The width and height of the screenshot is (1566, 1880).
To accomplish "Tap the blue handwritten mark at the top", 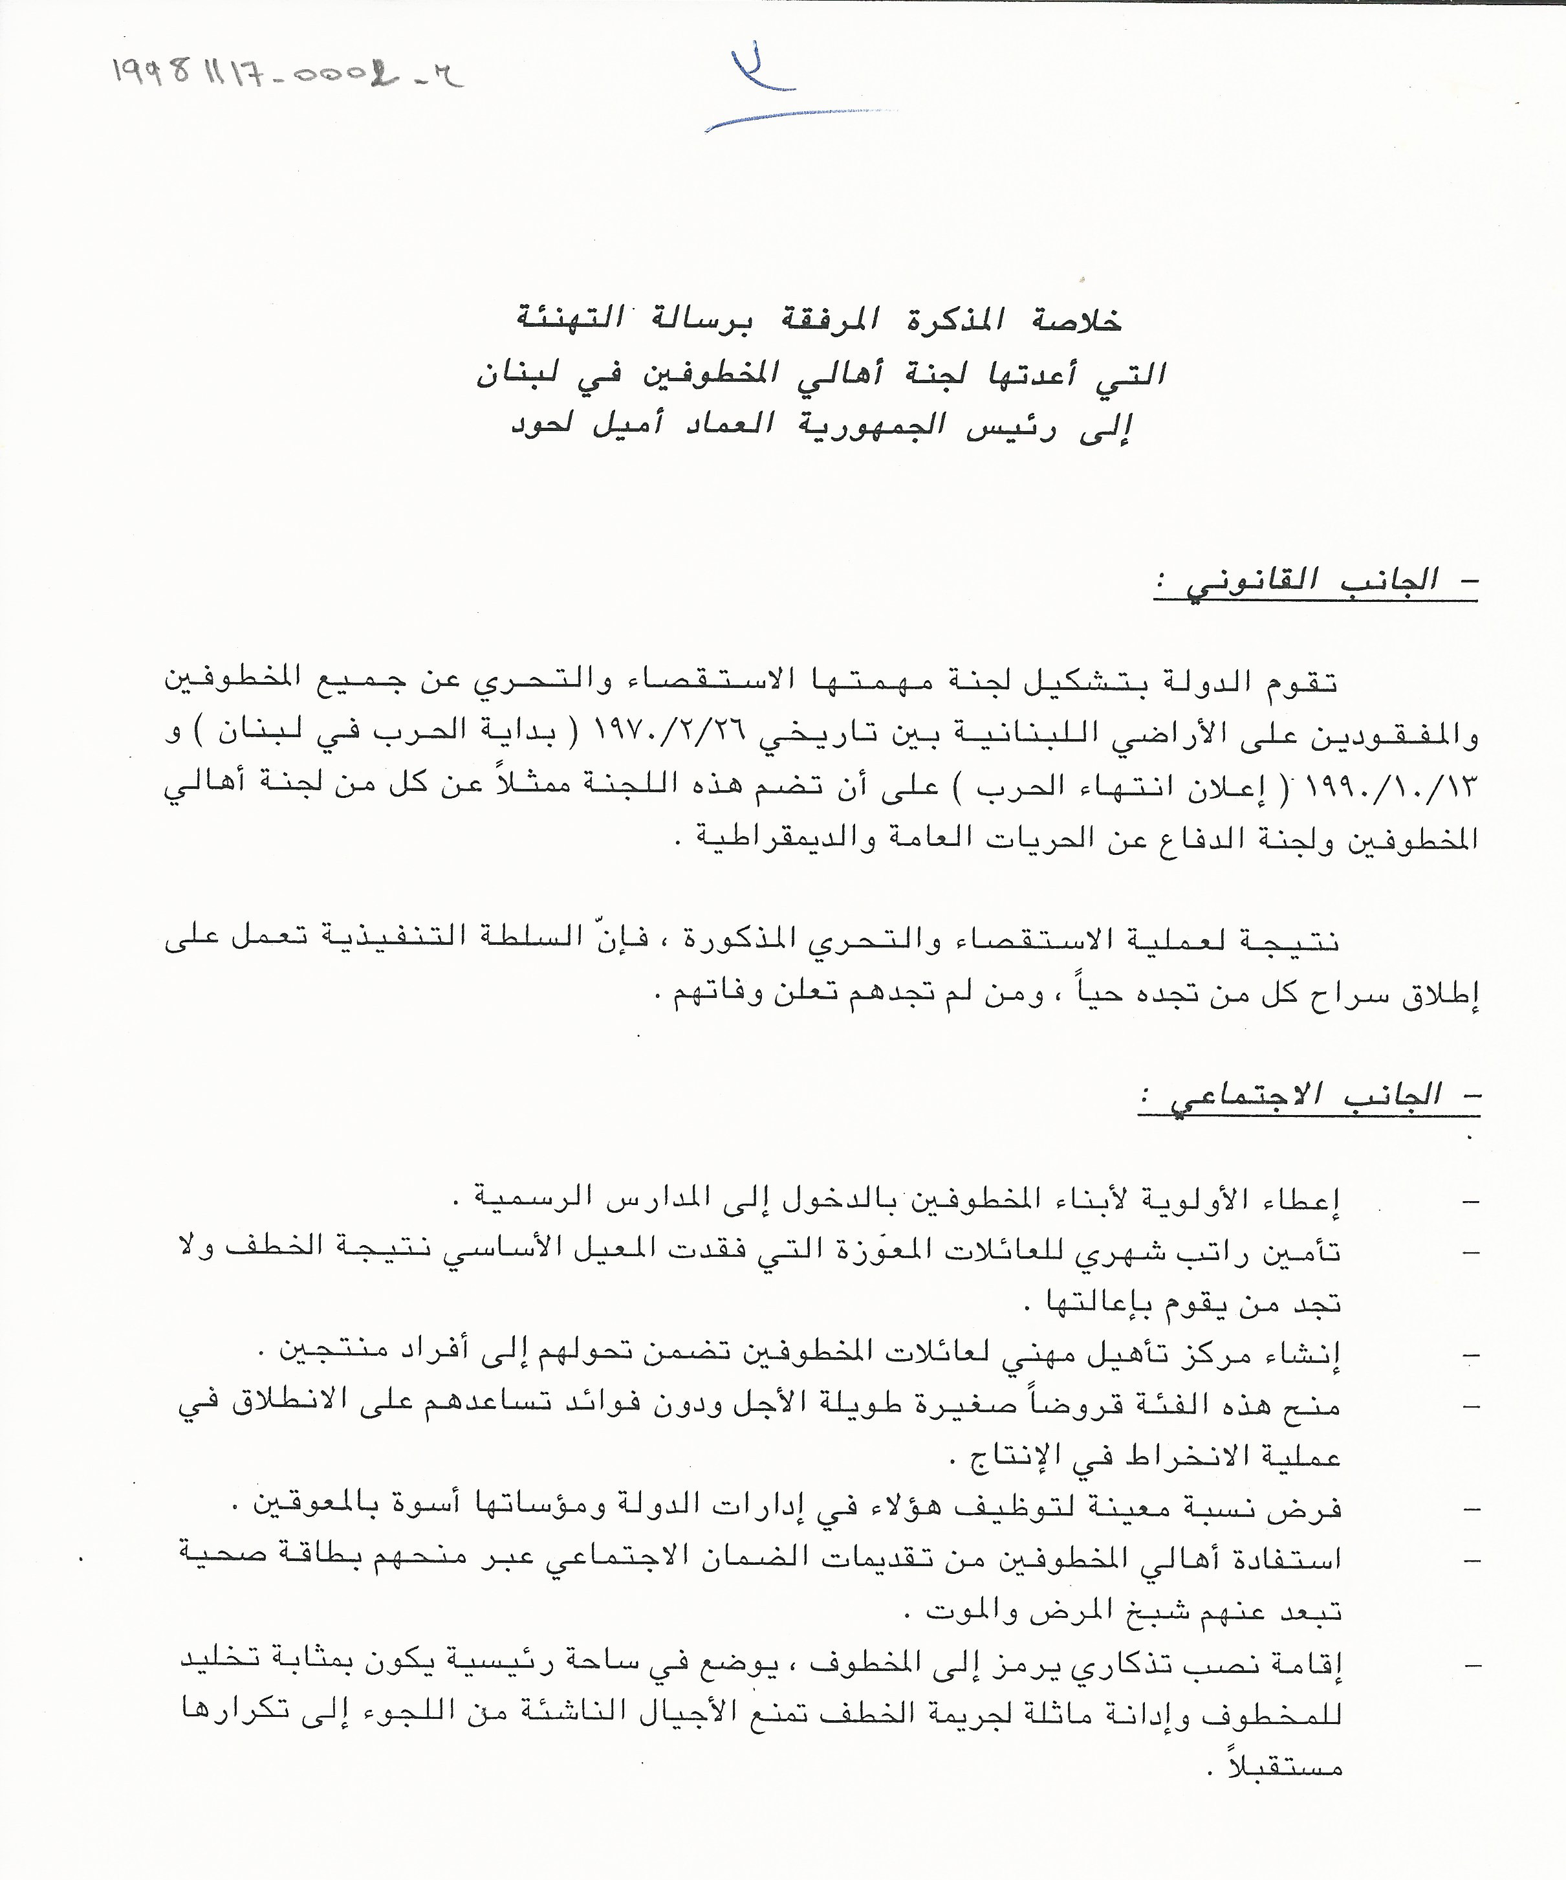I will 770,89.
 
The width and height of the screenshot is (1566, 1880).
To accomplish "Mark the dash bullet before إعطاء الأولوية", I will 1468,1200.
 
